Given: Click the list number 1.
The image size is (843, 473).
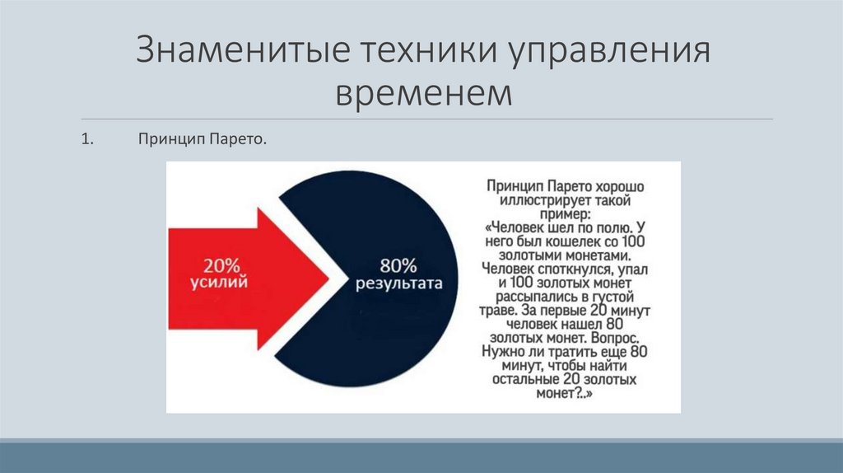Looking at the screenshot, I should point(86,141).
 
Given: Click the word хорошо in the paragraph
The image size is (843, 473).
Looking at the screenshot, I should point(617,187).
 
